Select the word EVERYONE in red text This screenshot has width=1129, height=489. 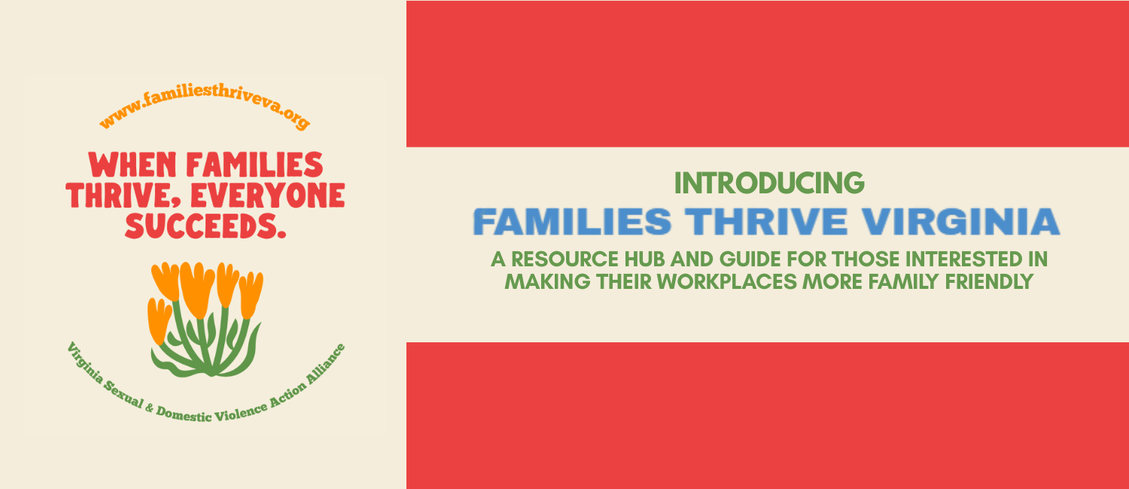pos(268,196)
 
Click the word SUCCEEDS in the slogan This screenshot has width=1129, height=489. pos(201,226)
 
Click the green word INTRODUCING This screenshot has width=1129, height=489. pos(769,183)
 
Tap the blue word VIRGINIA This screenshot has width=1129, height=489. pos(960,222)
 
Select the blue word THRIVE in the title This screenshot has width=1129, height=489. pos(766,222)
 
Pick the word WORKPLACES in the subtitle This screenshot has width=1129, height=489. pos(727,281)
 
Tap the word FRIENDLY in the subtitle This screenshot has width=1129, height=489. pos(990,281)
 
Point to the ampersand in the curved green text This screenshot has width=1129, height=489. pos(149,408)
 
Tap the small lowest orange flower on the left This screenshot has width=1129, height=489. pos(160,320)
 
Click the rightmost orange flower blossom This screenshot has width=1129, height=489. pos(251,294)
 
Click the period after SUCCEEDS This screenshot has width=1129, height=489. pos(281,234)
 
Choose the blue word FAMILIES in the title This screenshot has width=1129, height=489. pos(572,222)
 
